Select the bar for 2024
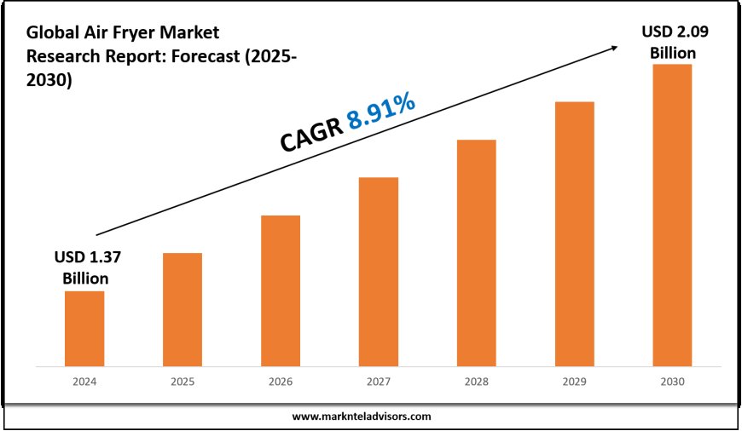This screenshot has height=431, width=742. [x=84, y=328]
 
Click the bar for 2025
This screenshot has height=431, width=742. [x=183, y=309]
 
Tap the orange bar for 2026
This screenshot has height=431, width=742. [x=281, y=290]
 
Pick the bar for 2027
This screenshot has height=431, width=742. [x=379, y=271]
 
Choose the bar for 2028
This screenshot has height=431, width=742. [x=476, y=252]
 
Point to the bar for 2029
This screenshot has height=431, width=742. [x=574, y=233]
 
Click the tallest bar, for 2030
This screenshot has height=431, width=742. [x=672, y=215]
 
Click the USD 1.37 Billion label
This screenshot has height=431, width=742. [x=84, y=267]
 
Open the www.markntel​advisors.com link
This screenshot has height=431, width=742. [x=362, y=417]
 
